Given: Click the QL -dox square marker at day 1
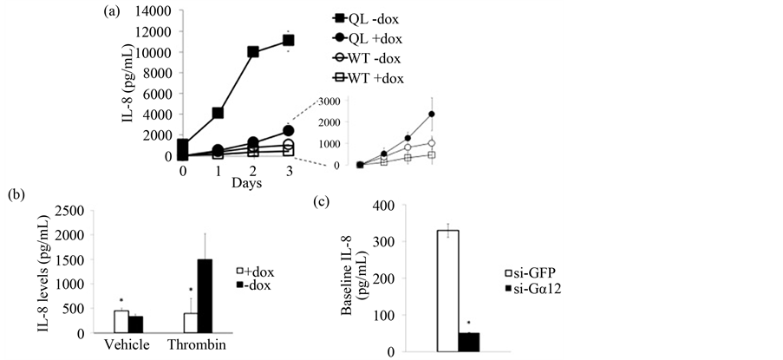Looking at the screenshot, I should coord(219,113).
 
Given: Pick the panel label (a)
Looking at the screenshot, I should coord(110,11).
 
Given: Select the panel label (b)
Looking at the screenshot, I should coord(13,194).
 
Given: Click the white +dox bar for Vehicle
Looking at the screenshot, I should coord(121,322).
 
